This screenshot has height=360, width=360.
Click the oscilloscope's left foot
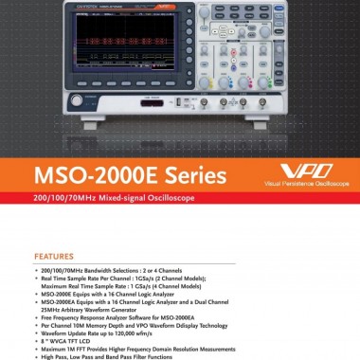(76, 125)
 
